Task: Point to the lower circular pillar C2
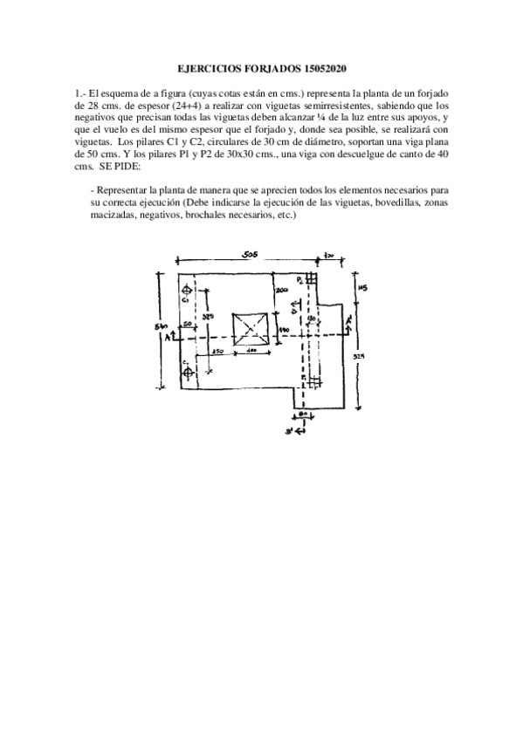187,373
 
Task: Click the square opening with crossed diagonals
251,330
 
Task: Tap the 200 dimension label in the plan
281,289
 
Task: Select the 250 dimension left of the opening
220,351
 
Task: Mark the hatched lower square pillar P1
310,380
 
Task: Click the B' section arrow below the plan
299,429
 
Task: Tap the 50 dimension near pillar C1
188,323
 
